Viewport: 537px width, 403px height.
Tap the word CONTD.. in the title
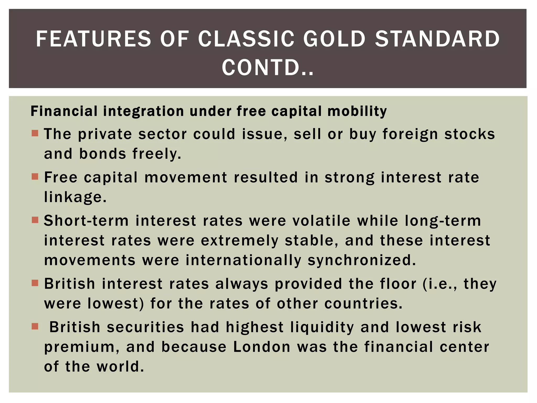pos(268,68)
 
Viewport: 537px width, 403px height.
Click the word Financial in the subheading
pos(64,111)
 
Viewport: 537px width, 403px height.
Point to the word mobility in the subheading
pos(357,111)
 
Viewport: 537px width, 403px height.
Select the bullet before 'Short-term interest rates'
pos(35,220)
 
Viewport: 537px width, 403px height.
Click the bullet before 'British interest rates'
pos(35,283)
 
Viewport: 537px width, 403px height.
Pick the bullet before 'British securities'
pos(35,326)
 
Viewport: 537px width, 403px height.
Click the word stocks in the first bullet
pos(469,134)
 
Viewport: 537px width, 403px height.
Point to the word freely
pos(157,154)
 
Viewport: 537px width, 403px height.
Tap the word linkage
pos(75,197)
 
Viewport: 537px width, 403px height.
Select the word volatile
pos(321,221)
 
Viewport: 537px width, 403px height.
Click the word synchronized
pos(362,260)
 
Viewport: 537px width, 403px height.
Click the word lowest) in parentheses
pos(116,304)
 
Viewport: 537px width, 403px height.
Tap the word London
pos(262,347)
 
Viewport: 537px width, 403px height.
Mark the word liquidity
pos(322,327)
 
